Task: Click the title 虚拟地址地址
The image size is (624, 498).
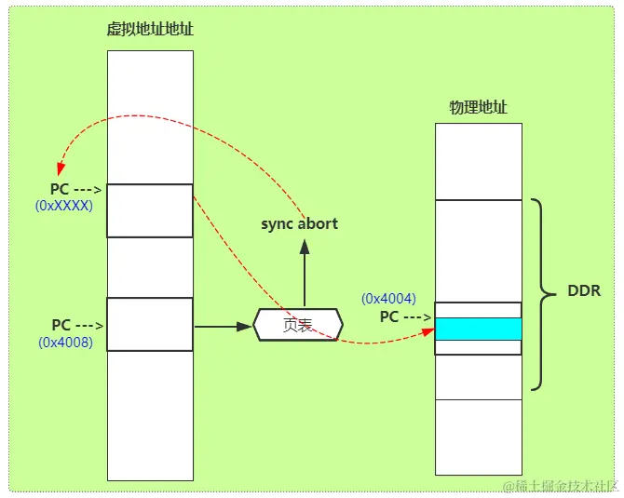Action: (150, 29)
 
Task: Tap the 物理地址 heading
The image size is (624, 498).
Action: (478, 107)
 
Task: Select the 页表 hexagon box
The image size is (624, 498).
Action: (297, 326)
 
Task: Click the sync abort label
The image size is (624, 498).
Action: (299, 223)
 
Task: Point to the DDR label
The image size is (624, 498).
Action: (584, 291)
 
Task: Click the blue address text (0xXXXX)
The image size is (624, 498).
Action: (64, 206)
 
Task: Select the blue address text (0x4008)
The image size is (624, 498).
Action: (64, 342)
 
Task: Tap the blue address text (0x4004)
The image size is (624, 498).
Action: (388, 299)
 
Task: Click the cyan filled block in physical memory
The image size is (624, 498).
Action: (478, 329)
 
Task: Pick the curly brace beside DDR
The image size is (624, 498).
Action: (539, 292)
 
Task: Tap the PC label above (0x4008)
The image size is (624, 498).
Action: (61, 325)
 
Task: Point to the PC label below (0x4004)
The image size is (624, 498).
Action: (389, 316)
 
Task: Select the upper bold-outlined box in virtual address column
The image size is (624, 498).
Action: (150, 210)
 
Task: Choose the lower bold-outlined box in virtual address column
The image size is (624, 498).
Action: (150, 324)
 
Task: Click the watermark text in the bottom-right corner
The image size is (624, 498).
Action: (559, 486)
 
